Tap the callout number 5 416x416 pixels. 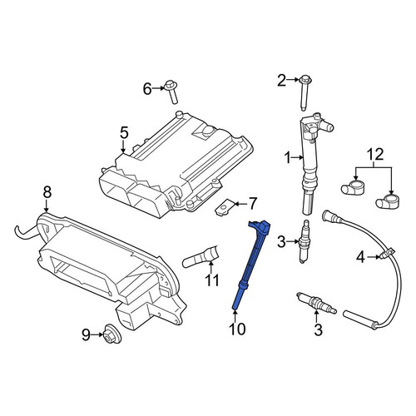(124, 132)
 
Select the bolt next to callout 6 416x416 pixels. (172, 92)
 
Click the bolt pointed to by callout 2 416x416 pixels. (304, 93)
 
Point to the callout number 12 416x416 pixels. (375, 155)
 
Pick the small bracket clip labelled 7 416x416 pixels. (224, 207)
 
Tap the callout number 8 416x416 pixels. (47, 192)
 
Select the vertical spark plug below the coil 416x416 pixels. (305, 241)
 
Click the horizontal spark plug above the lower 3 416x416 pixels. (316, 303)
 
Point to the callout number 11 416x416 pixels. (212, 280)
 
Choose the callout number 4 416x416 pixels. (360, 257)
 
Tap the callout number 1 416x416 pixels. (288, 158)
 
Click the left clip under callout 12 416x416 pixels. (352, 187)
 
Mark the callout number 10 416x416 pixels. (237, 329)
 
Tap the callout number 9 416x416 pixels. (87, 335)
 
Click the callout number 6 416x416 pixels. (147, 89)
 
